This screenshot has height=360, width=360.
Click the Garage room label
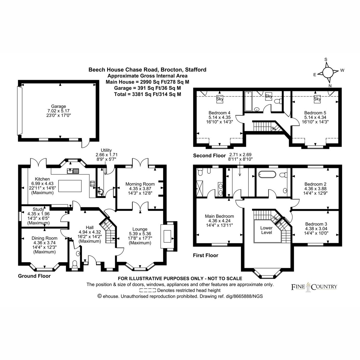point(58,106)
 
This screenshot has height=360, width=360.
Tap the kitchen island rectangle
point(70,186)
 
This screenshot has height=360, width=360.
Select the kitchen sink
point(73,171)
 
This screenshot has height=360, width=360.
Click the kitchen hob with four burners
point(92,184)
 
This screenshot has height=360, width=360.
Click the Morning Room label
point(140,184)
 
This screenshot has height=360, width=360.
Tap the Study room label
point(38,209)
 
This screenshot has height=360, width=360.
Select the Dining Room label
point(44,238)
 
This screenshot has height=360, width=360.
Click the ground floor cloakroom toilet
point(74,264)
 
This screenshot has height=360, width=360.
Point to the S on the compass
point(326,59)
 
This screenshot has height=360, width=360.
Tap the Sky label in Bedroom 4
point(220,99)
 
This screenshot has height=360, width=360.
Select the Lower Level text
point(266,230)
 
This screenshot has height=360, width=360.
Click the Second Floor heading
point(209,156)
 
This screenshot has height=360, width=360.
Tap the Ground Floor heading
point(34,276)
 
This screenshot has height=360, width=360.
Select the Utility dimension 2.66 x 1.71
point(106,155)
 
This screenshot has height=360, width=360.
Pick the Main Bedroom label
point(219,216)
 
